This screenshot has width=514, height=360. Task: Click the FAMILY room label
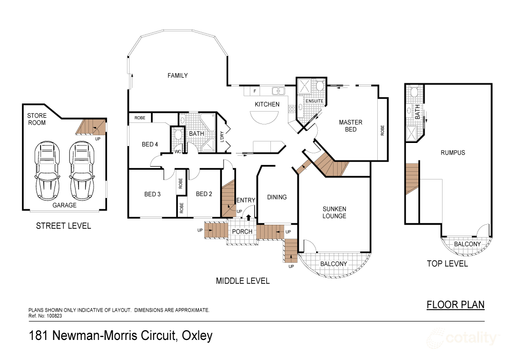[177, 76]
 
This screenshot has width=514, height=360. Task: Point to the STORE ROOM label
[36, 119]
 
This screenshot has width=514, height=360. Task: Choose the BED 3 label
[153, 194]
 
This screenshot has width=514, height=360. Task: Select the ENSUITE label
[314, 101]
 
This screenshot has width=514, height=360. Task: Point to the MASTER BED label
[351, 126]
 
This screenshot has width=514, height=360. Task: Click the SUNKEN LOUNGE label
[334, 212]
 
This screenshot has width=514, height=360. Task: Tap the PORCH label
[242, 231]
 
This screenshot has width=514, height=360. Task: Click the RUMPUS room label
[453, 152]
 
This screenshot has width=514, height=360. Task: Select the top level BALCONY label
[467, 244]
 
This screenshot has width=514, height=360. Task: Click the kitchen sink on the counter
[279, 91]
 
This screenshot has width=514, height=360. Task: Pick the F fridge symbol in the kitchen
[254, 91]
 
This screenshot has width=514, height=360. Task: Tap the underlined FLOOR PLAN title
[455, 304]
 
